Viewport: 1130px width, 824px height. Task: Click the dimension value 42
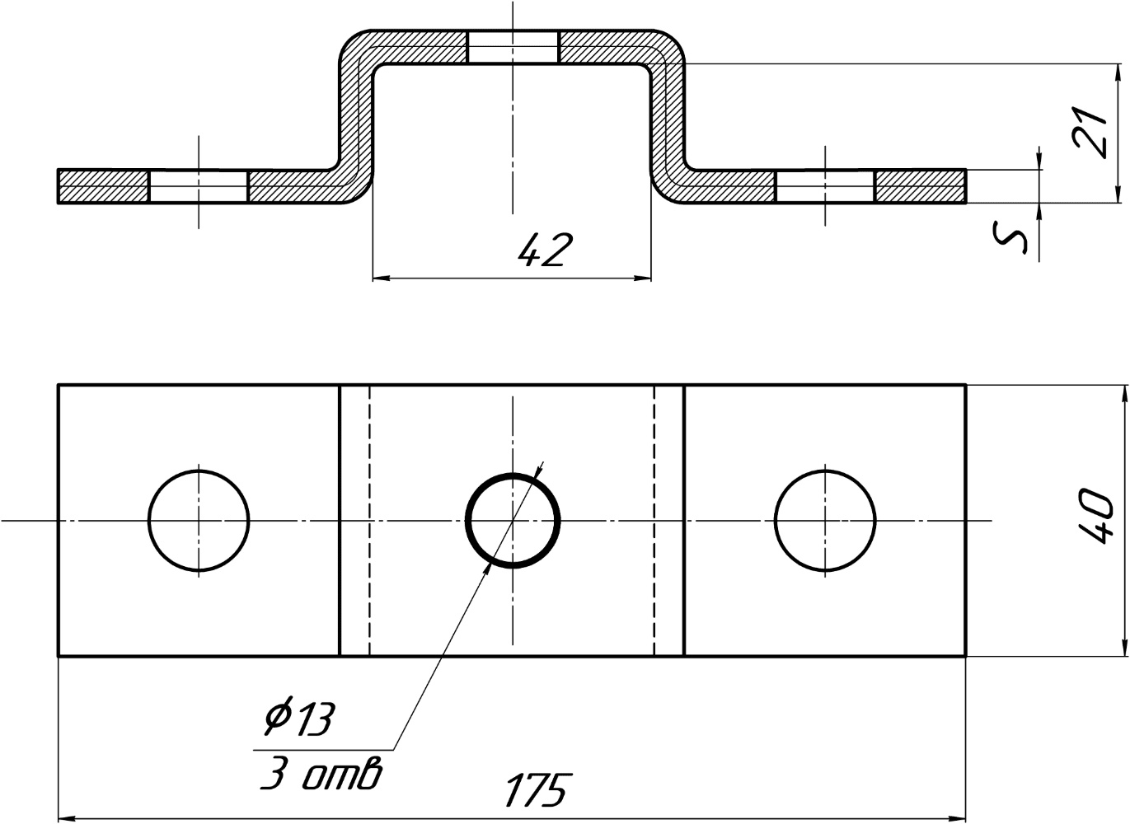click(x=546, y=250)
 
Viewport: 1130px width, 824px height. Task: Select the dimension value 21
click(x=1090, y=133)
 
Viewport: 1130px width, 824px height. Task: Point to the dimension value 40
click(x=1095, y=516)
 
